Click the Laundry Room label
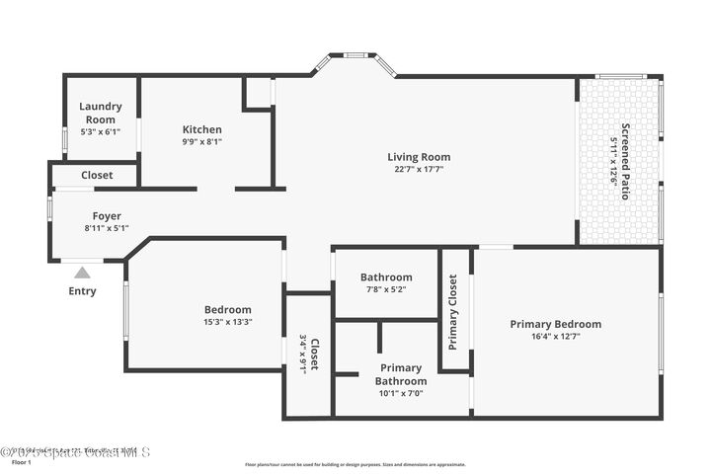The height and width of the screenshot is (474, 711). tap(100, 113)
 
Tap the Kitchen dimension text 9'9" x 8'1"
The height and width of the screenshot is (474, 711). tap(201, 141)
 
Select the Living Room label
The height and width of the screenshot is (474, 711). tap(419, 156)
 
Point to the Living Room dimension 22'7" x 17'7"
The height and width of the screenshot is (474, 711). tap(419, 169)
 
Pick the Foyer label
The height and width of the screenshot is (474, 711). tap(107, 215)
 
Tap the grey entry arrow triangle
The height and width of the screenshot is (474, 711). tap(83, 272)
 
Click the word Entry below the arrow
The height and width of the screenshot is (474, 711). tap(83, 291)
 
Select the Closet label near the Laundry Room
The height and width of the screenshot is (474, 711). tap(97, 175)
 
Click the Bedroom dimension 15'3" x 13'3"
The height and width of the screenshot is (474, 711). tap(227, 321)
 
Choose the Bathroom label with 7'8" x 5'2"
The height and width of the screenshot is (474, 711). tap(386, 277)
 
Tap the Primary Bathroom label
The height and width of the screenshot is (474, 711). tap(401, 374)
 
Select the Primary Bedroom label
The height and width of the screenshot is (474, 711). tap(555, 323)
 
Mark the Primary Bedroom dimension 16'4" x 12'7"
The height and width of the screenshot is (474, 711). tap(555, 336)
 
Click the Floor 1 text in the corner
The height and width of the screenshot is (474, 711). tap(22, 461)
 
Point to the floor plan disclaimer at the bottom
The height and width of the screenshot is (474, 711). tap(355, 463)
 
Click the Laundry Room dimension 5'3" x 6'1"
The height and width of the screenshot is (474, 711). tap(100, 130)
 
